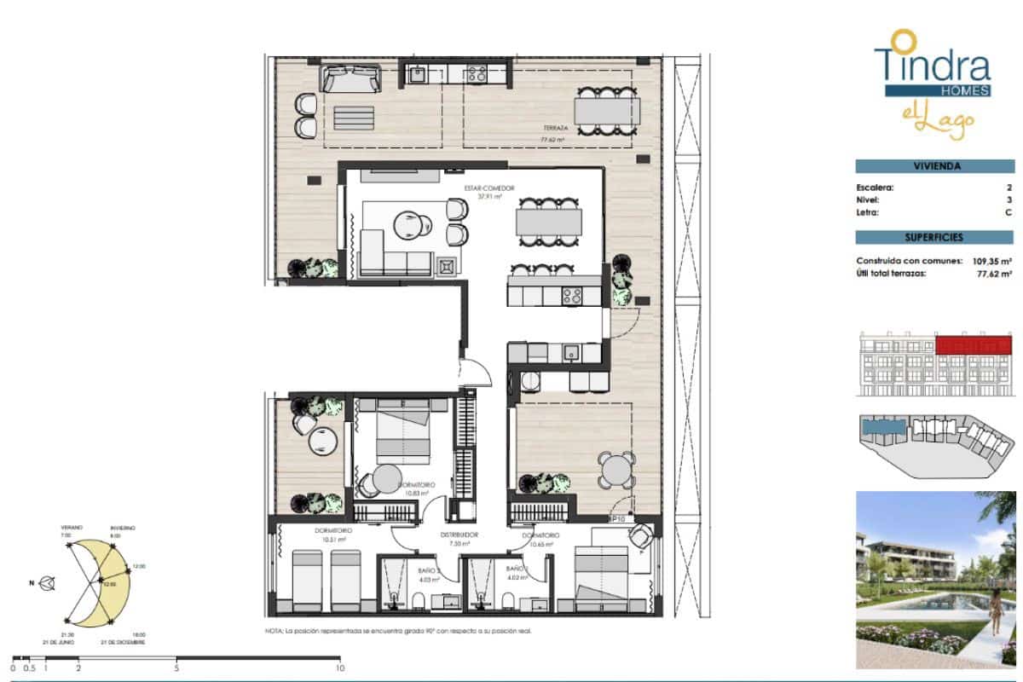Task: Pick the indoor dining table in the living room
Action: [549, 223]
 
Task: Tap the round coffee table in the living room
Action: [409, 224]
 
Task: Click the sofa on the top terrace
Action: [350, 79]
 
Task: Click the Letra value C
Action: [1009, 212]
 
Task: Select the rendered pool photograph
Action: [936, 576]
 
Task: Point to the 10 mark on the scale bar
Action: [340, 668]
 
